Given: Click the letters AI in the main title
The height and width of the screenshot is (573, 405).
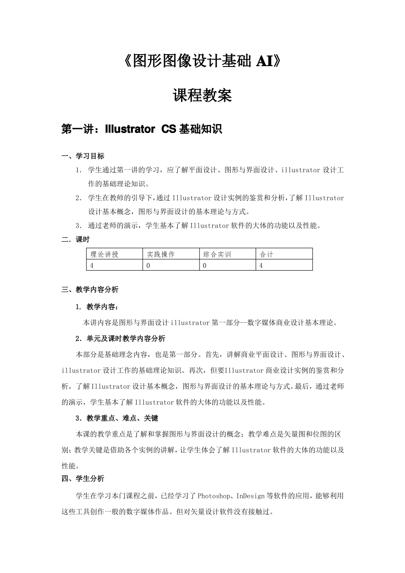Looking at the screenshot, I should pyautogui.click(x=264, y=61).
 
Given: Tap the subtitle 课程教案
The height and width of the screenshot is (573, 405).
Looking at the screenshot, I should pyautogui.click(x=202, y=95).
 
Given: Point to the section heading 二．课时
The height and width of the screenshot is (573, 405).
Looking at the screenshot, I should pyautogui.click(x=75, y=240).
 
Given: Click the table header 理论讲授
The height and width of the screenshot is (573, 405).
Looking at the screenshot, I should pyautogui.click(x=104, y=255).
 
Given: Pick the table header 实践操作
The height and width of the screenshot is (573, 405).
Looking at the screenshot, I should pyautogui.click(x=161, y=255).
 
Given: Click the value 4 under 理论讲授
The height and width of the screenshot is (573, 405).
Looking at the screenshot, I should pyautogui.click(x=92, y=266).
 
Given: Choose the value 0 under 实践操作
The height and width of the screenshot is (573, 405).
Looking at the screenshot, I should pyautogui.click(x=148, y=266).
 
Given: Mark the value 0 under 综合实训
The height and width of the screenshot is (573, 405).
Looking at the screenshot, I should pyautogui.click(x=205, y=266).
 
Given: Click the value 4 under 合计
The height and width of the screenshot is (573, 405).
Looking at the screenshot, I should pyautogui.click(x=261, y=266).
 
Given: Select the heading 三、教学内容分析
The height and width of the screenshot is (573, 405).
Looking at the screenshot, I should pyautogui.click(x=90, y=290).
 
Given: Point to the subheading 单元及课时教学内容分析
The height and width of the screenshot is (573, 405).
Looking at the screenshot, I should pyautogui.click(x=125, y=339).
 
